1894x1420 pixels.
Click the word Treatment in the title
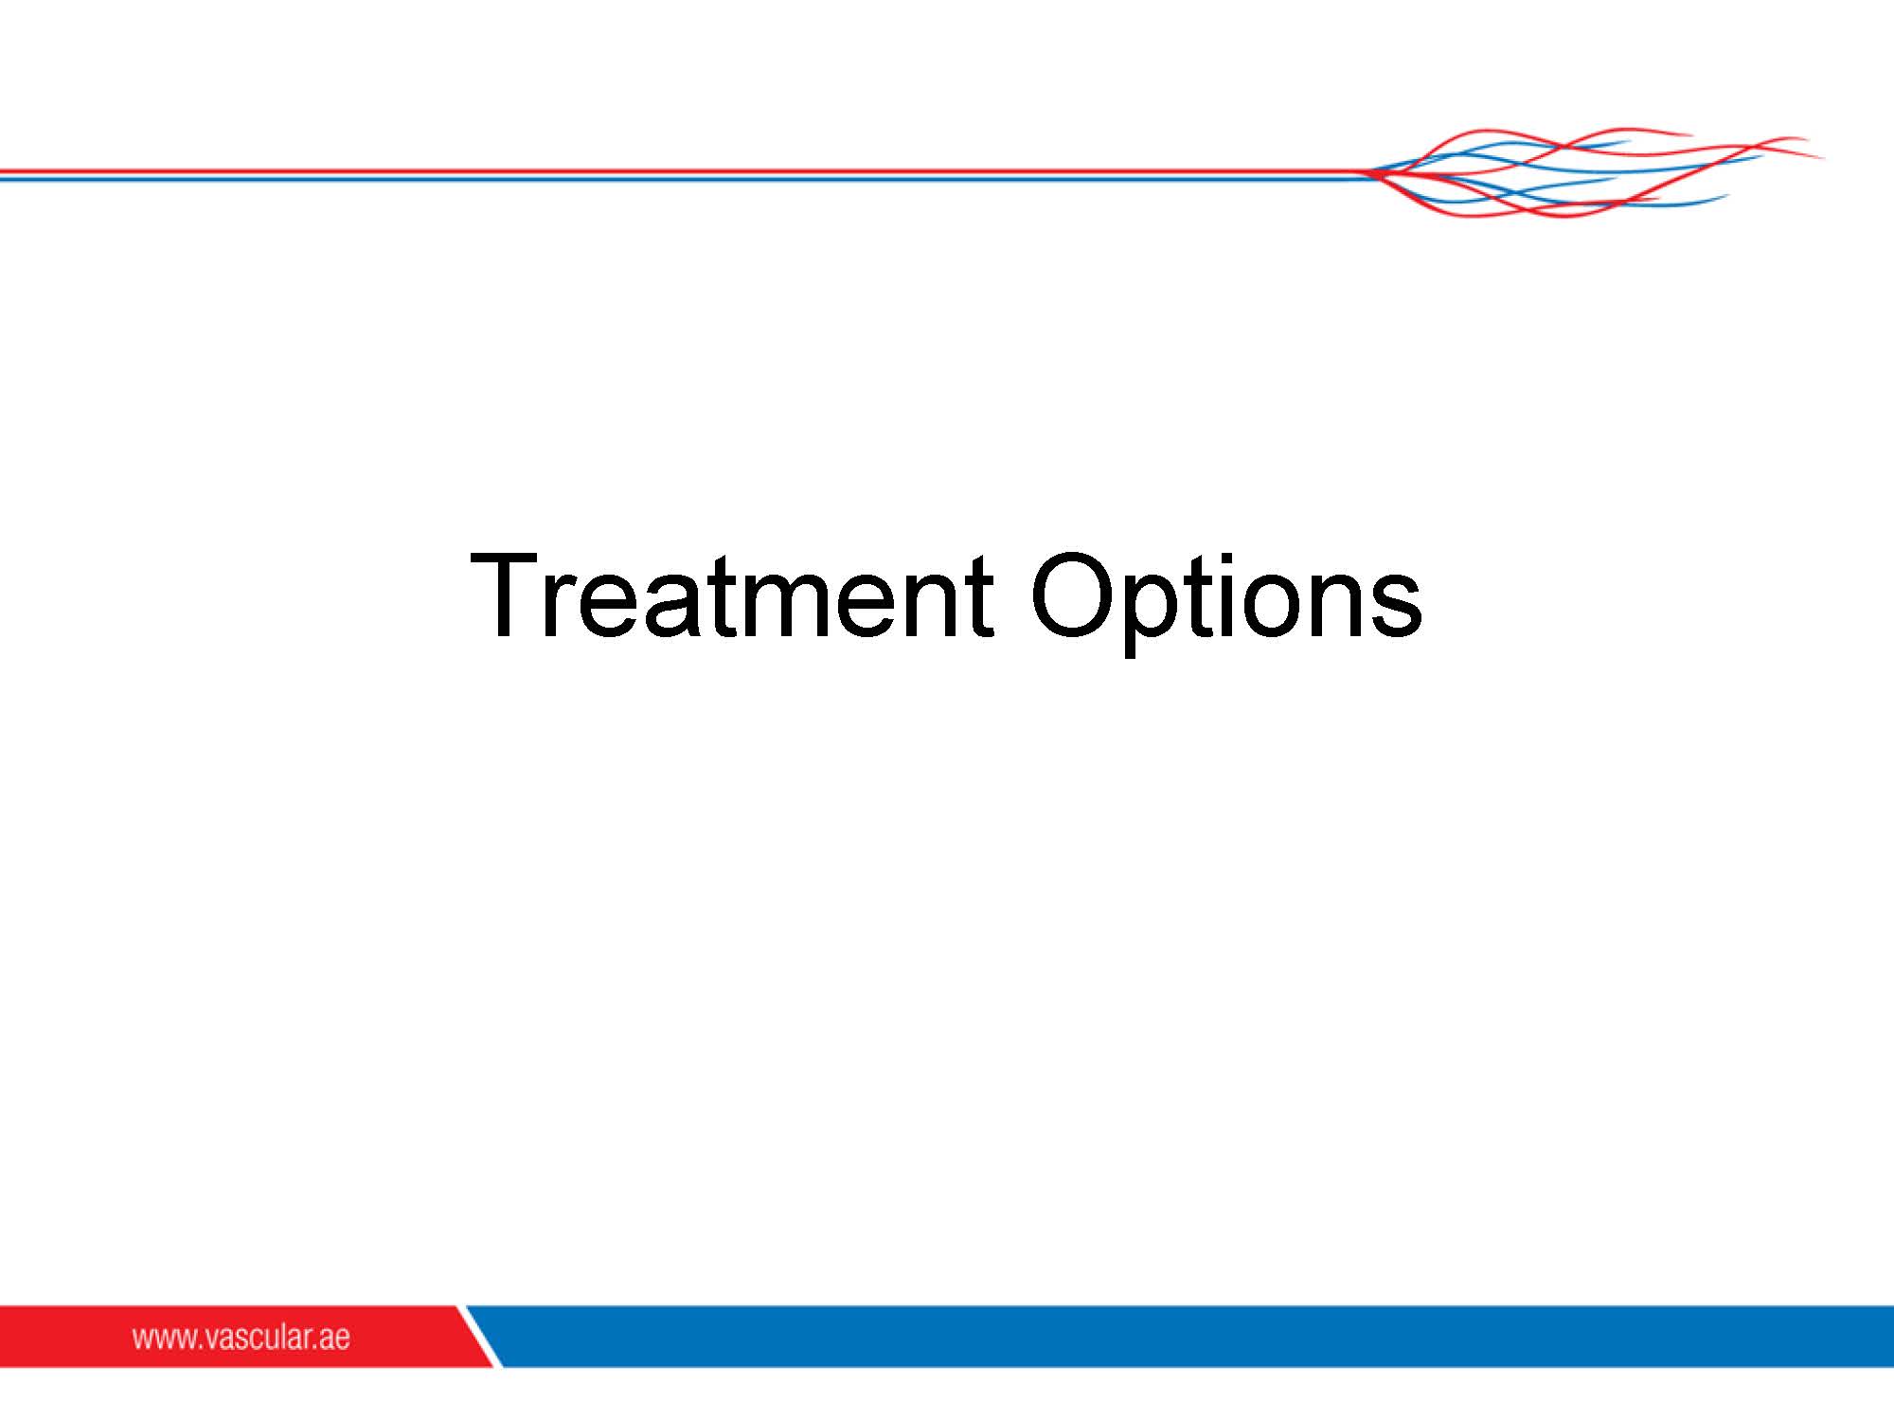click(731, 595)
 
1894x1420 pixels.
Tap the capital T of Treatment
click(507, 595)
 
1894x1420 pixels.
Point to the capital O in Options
click(1072, 595)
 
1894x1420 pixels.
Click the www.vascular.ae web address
click(241, 1337)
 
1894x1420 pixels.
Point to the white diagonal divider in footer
click(479, 1336)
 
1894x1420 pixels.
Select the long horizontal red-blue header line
click(682, 174)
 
